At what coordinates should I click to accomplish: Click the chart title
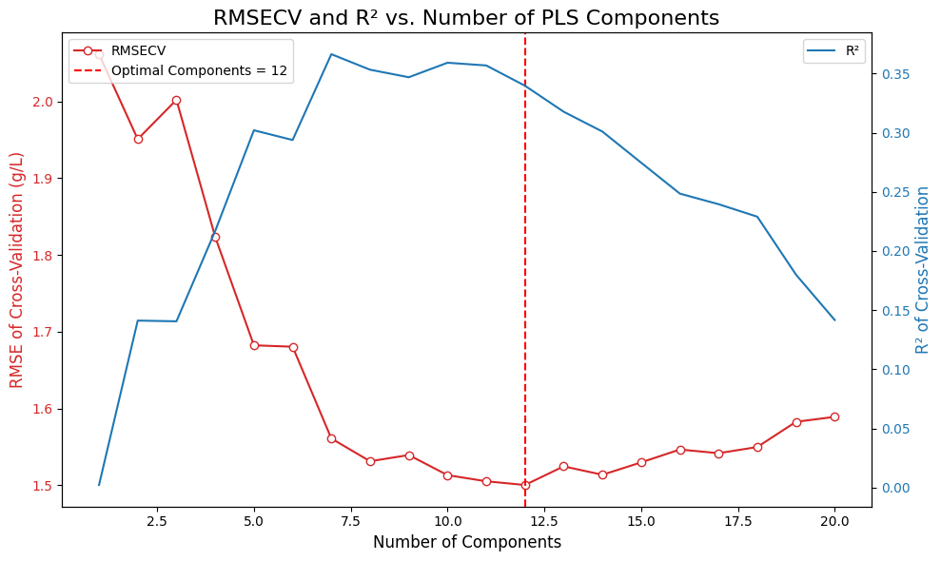pos(466,18)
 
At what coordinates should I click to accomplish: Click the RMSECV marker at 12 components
pos(525,485)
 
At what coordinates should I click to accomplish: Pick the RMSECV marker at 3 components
pos(176,100)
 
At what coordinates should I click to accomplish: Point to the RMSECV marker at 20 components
pos(834,416)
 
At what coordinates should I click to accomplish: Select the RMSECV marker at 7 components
pos(331,438)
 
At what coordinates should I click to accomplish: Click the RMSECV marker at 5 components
pos(254,345)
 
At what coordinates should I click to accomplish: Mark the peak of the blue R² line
pos(331,54)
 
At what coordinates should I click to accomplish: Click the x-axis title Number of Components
pos(466,543)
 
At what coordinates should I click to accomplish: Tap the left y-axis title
pos(17,270)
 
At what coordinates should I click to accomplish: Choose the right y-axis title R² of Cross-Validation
pos(923,270)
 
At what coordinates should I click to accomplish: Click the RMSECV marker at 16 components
pos(680,450)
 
